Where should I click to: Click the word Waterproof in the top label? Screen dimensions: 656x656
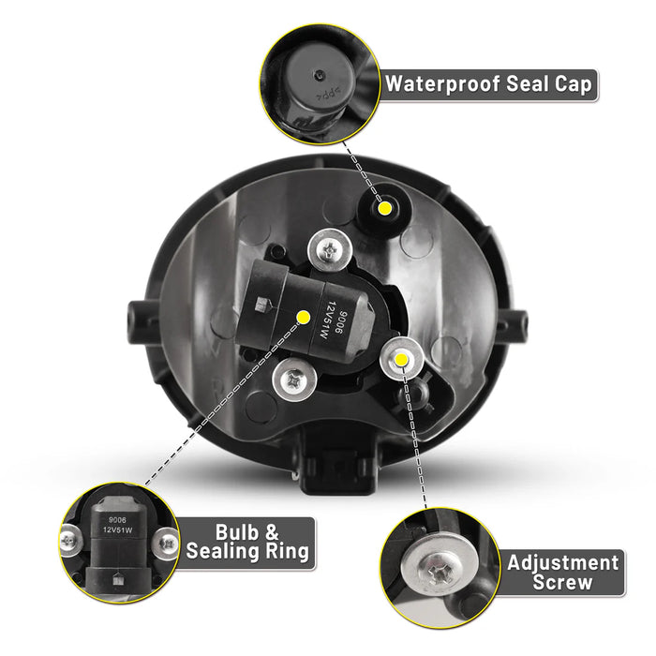442,84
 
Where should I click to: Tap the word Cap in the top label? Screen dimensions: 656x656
574,83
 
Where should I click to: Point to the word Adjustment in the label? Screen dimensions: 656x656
562,563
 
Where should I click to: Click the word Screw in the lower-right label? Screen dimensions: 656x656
562,582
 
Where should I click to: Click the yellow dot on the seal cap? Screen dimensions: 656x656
384,207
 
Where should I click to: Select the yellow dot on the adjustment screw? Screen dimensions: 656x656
401,359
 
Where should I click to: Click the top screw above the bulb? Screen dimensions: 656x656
330,250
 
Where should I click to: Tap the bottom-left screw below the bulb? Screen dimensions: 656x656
293,380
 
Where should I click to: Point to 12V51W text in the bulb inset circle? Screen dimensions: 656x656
117,529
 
